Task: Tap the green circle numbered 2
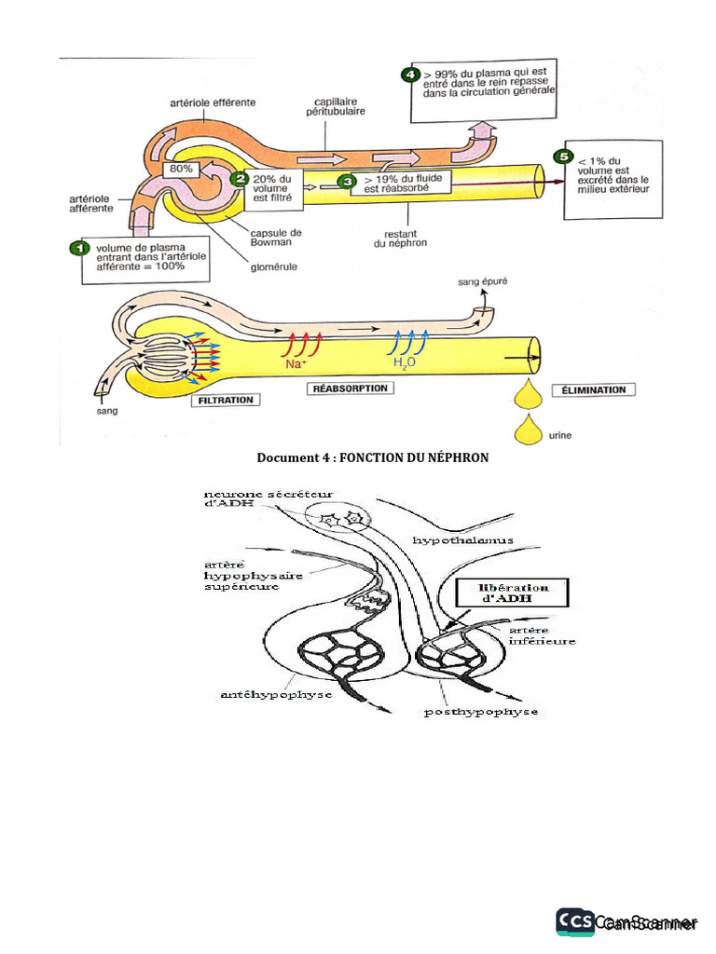coord(240,178)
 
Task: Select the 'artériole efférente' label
coord(213,102)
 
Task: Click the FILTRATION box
coord(225,400)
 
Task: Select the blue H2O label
coord(405,363)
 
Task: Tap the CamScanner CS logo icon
coord(575,921)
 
